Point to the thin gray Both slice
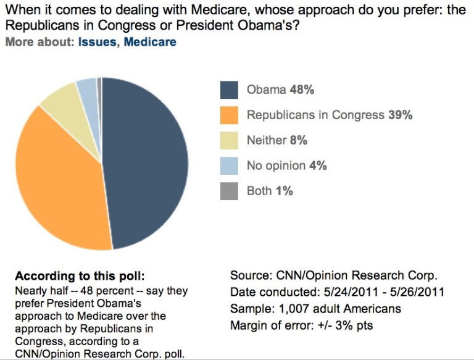click(x=99, y=83)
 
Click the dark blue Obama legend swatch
click(x=229, y=90)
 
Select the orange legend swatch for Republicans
click(x=229, y=115)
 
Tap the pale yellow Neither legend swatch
click(x=229, y=141)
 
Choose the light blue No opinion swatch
click(x=229, y=166)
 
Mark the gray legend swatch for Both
click(x=229, y=191)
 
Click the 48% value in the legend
click(x=302, y=90)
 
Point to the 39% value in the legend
click(x=400, y=115)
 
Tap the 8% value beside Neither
click(x=299, y=141)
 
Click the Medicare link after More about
click(x=150, y=42)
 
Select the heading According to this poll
click(x=83, y=276)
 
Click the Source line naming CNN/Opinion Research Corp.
click(x=338, y=276)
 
